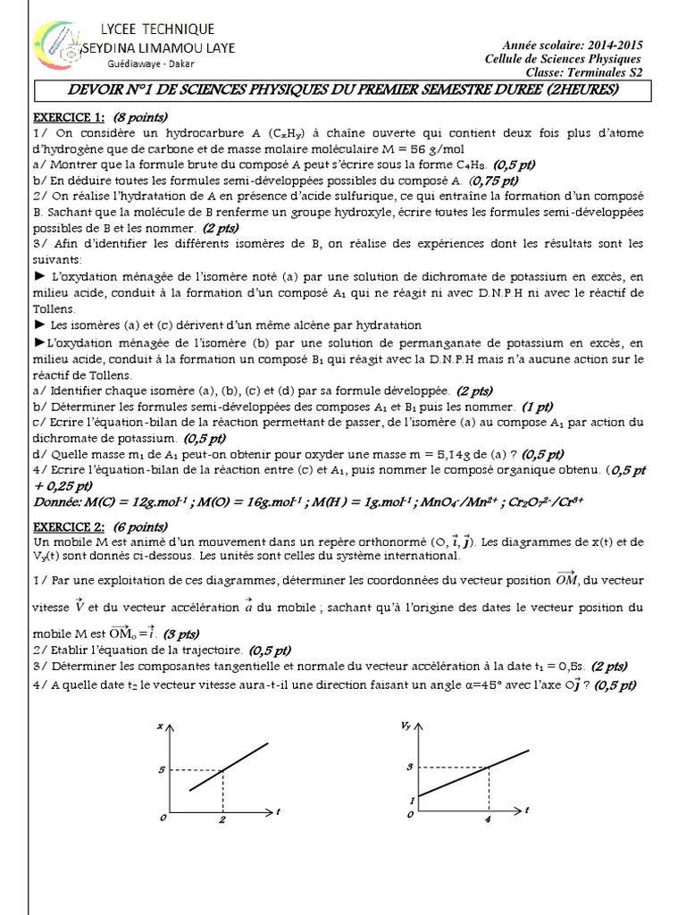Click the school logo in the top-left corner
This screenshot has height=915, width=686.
(55, 51)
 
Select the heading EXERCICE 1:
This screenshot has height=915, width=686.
(69, 116)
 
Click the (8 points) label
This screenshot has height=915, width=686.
(141, 116)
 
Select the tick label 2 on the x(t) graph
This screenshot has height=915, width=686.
(222, 819)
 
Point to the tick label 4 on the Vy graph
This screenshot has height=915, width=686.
(489, 819)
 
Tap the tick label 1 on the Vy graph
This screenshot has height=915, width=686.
(411, 798)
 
